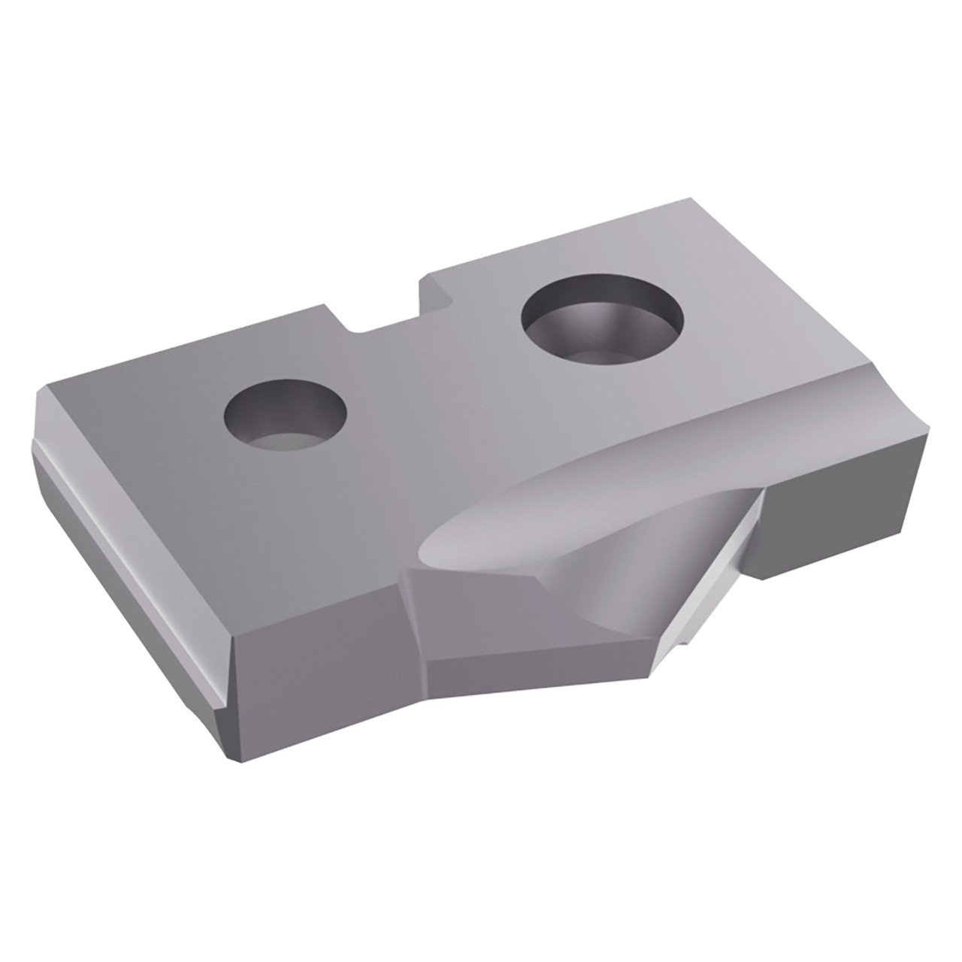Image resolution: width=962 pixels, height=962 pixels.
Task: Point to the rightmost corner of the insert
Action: tap(932, 436)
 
